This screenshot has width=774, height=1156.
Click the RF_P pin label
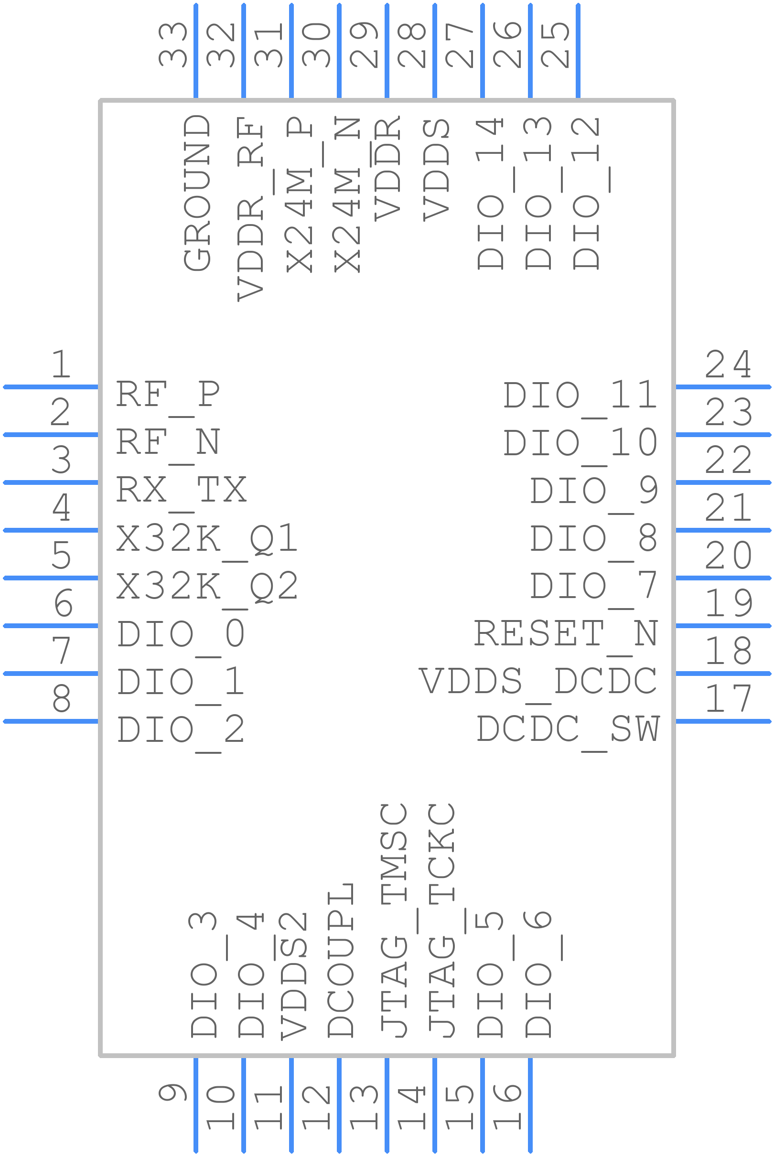click(168, 397)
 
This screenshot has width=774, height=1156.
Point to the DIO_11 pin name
click(580, 397)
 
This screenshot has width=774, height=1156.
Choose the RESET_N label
click(566, 636)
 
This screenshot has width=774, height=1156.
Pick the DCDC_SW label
click(568, 732)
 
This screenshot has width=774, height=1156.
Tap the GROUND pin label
click(197, 193)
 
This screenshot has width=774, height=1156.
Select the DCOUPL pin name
click(341, 960)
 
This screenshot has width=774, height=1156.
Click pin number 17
click(728, 699)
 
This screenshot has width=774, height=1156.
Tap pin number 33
click(173, 45)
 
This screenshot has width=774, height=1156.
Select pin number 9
click(173, 1093)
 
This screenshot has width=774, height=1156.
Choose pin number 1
click(61, 364)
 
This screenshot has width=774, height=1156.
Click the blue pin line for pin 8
click(51, 721)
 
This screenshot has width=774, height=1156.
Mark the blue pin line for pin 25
click(578, 51)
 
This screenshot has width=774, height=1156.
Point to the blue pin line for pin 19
click(723, 626)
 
